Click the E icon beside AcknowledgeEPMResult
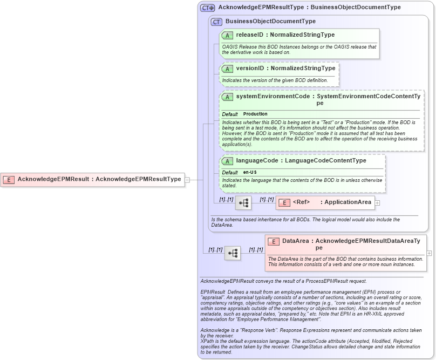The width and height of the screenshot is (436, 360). point(9,180)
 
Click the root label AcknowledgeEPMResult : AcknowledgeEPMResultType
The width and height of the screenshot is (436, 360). point(99,180)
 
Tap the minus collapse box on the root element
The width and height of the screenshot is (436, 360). point(187,180)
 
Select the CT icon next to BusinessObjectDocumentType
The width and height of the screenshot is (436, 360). point(216,22)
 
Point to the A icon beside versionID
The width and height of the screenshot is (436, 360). point(227,69)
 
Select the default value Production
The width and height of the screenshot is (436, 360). point(255,114)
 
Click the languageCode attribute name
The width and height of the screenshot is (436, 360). point(257,161)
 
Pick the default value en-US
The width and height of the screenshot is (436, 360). point(250,172)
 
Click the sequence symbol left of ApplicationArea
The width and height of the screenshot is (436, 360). point(243,203)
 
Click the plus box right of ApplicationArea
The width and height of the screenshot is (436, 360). point(378,203)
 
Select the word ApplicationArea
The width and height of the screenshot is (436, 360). point(349,202)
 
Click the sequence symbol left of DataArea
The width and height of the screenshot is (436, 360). point(233,253)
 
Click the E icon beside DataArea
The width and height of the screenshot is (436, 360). point(274,242)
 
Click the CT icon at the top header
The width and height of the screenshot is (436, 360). point(207,8)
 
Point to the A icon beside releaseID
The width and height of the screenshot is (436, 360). point(227,35)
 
